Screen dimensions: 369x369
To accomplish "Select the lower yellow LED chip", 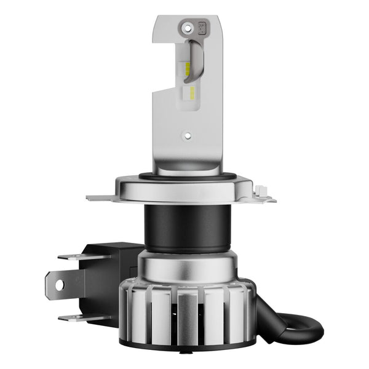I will pyautogui.click(x=191, y=93).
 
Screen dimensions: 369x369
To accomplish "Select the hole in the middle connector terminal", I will pyautogui.click(x=59, y=285).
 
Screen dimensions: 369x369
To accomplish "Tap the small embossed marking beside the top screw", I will pyautogui.click(x=200, y=27).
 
